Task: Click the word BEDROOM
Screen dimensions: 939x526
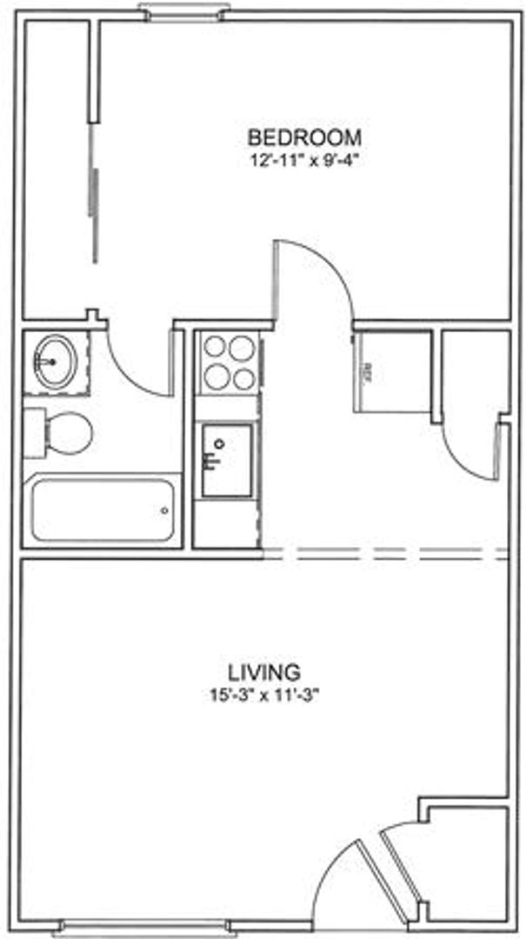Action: coord(304,137)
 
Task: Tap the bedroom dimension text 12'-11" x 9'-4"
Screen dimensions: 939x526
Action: coord(304,159)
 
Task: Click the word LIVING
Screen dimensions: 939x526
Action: coord(265,671)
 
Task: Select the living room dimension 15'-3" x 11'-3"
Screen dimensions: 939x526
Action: coord(265,694)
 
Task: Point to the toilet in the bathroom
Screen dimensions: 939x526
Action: coord(68,433)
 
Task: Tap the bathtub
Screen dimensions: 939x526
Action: coord(103,509)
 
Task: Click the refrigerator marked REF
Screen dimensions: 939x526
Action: coord(391,372)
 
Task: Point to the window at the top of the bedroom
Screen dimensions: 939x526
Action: coord(183,11)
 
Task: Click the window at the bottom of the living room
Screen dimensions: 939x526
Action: coord(183,928)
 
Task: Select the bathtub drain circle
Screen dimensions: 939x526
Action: coord(165,510)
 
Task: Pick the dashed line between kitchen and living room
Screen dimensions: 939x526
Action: coord(385,552)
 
